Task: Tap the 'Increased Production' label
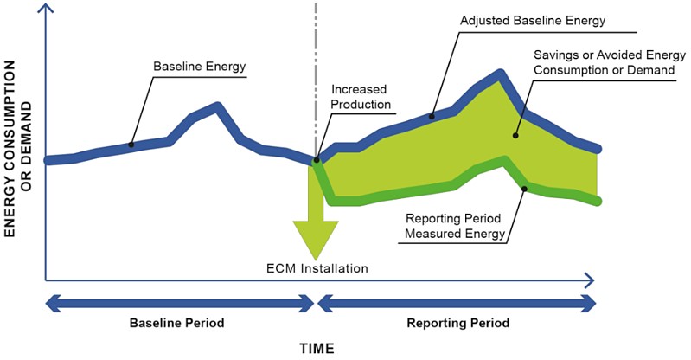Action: point(361,97)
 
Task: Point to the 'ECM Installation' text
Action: point(317,268)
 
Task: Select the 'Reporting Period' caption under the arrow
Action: point(457,323)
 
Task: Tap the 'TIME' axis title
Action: point(317,348)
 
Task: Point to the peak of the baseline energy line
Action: point(218,106)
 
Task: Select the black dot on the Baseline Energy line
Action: point(131,145)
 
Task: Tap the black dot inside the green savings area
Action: point(516,135)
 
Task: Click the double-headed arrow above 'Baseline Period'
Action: point(178,303)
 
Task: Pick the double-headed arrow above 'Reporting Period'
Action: point(457,303)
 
